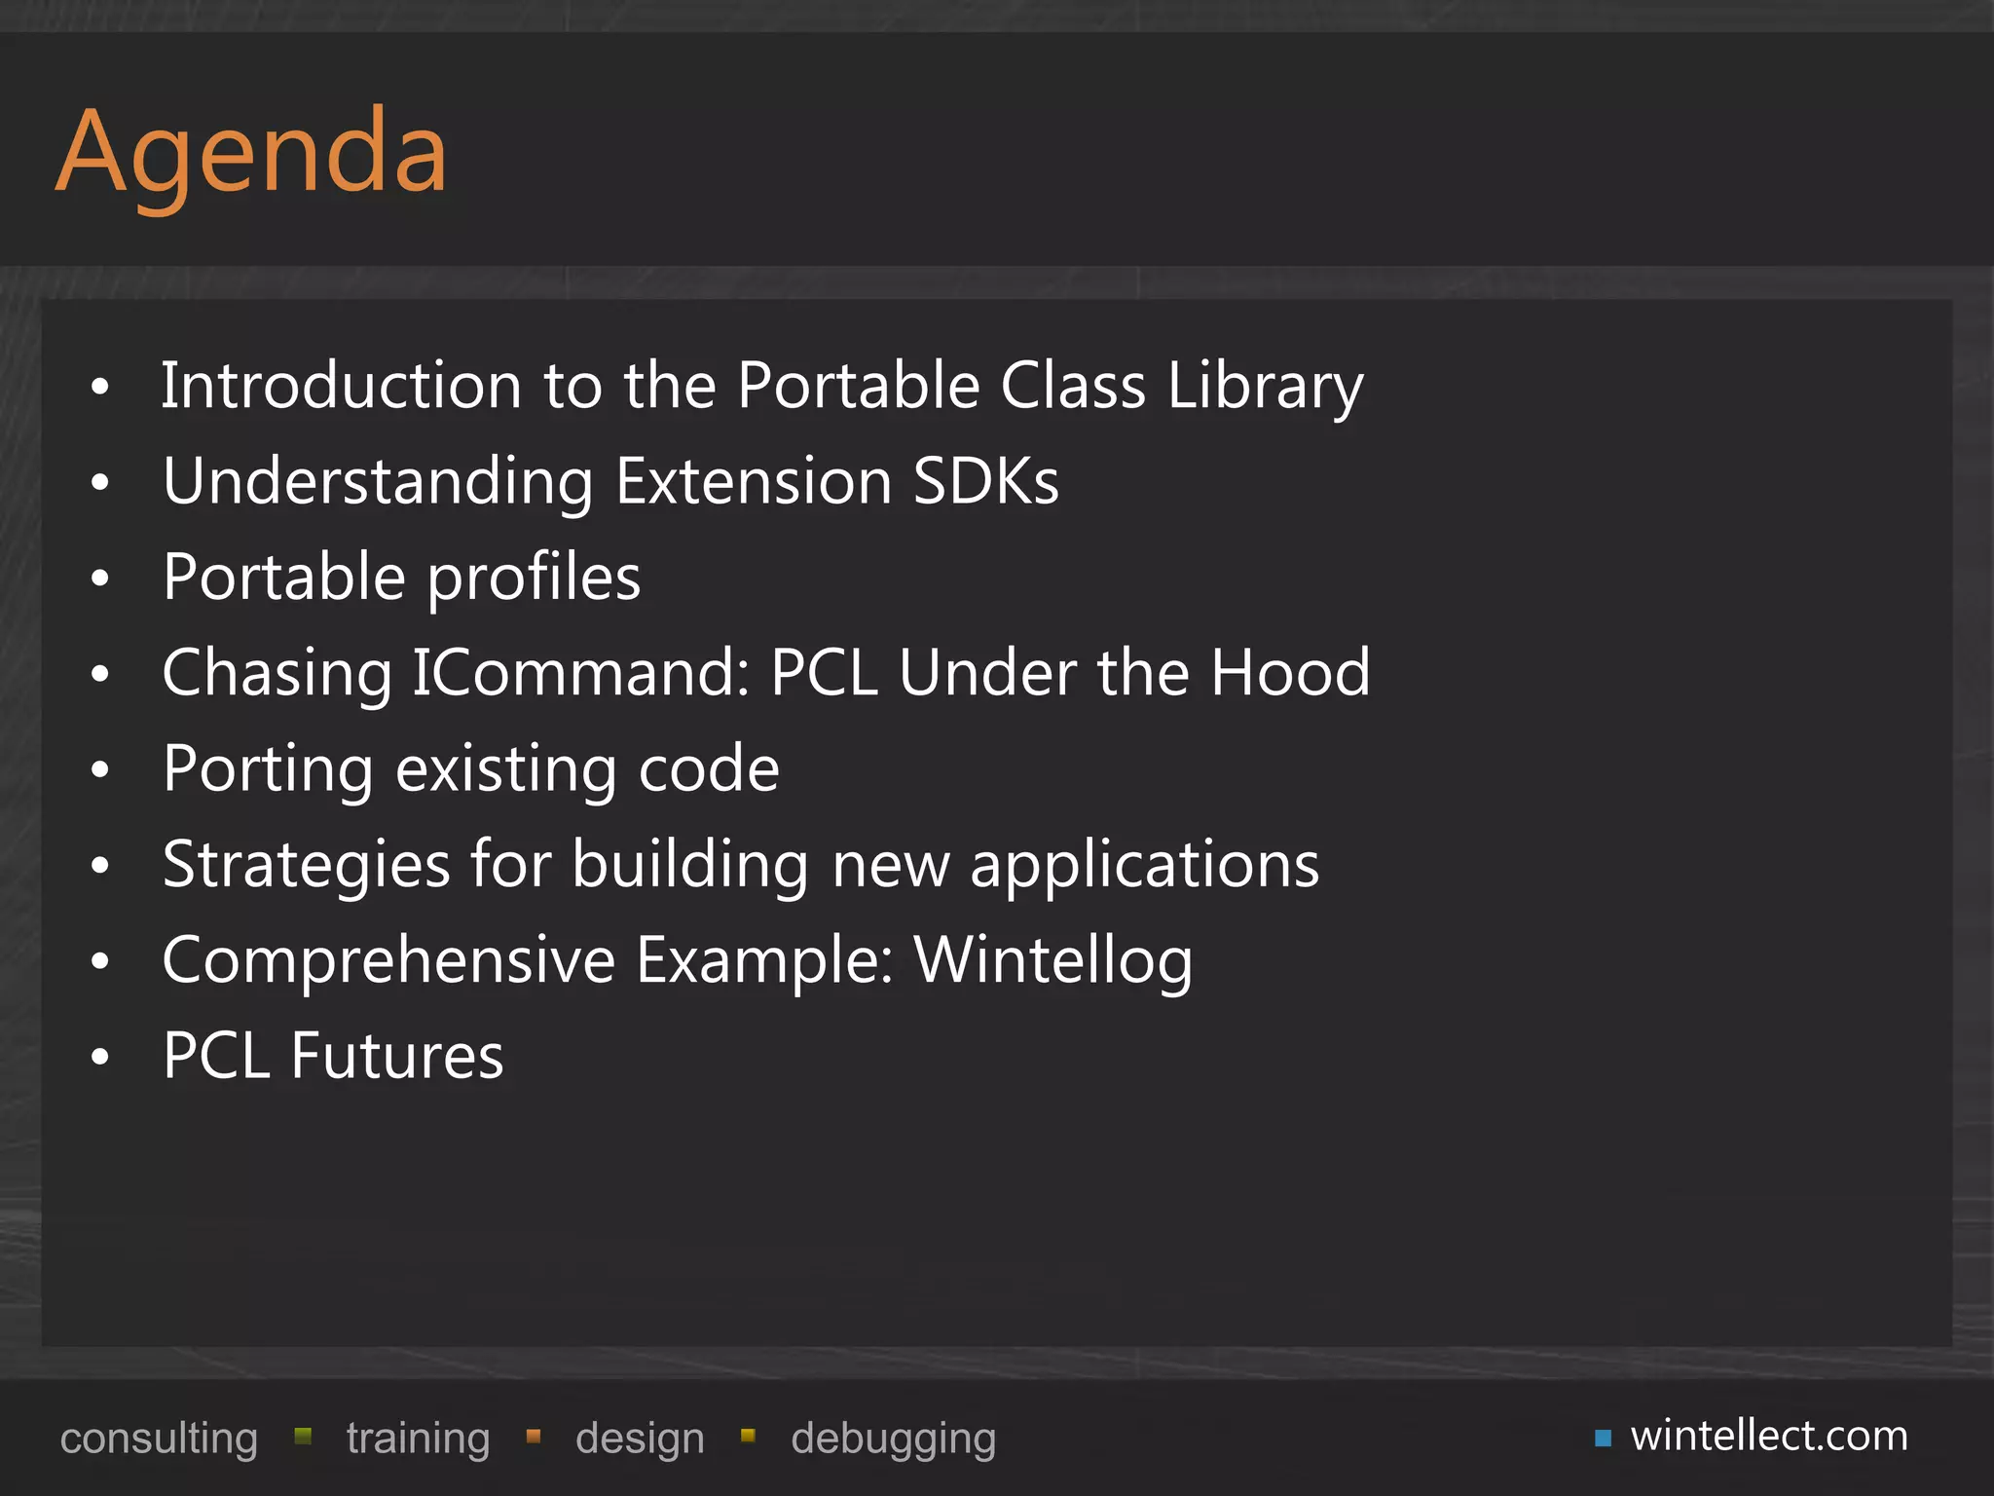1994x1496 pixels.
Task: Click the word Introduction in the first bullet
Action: [341, 386]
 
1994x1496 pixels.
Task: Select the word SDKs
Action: [985, 481]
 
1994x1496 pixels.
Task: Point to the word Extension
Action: [754, 481]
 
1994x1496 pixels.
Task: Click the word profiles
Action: [534, 578]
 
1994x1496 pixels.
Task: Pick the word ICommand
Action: [580, 673]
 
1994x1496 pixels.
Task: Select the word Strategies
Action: [306, 865]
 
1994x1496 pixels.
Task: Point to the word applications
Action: [1144, 865]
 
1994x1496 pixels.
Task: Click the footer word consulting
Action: [159, 1439]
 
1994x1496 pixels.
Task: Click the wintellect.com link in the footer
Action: [1769, 1436]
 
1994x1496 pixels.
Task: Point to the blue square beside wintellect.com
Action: [1603, 1439]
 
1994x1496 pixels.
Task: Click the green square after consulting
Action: [303, 1436]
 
